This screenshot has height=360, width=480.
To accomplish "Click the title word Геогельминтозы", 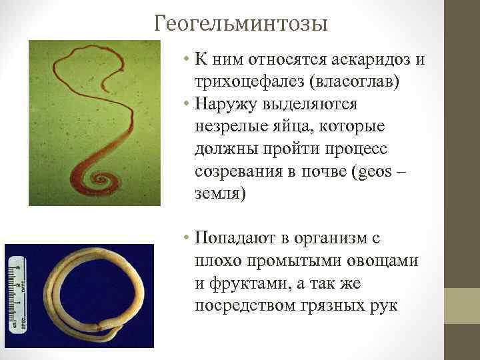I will tap(241, 25).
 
